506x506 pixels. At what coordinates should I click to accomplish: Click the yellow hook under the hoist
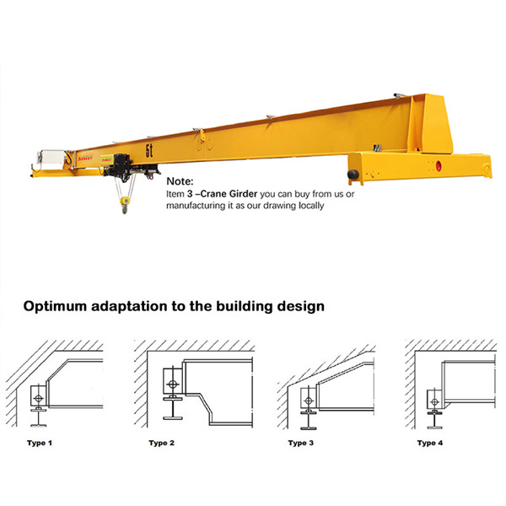125,205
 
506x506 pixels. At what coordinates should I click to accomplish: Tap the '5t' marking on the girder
148,151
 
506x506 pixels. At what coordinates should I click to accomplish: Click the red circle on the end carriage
439,166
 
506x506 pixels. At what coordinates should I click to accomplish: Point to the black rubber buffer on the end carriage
353,175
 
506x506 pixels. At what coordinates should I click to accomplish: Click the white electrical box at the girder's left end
51,159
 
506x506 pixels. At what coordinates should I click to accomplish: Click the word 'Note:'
180,181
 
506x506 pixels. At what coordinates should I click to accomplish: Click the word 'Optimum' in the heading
55,306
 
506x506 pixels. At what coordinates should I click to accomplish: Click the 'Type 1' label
40,443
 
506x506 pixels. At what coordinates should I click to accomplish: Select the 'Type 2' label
161,443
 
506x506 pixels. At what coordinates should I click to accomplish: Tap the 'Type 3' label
301,443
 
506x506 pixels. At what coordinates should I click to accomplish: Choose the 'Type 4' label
430,443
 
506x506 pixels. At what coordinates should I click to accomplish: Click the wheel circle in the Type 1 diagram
39,398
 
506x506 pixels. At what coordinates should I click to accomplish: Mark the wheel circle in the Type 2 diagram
173,385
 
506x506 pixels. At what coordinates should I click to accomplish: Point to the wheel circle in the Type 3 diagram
309,401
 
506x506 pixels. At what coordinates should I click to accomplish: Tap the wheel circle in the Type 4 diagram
434,401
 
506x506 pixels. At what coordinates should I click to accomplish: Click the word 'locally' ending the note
311,206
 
